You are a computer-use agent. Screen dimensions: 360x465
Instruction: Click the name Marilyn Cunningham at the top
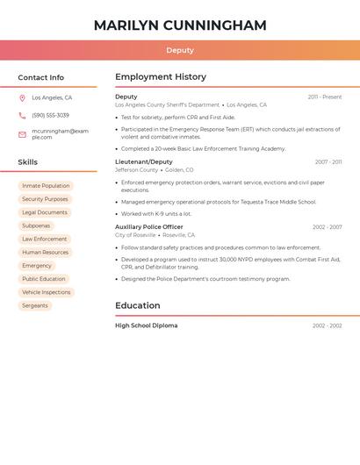180,25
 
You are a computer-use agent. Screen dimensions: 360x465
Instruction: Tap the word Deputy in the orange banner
180,50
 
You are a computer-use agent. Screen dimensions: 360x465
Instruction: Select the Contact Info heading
41,77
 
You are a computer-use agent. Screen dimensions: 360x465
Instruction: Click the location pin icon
22,98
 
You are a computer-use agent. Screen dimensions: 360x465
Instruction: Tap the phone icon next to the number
22,116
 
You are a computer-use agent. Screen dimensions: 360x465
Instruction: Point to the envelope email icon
22,134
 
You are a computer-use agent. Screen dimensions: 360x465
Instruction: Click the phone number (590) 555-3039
50,116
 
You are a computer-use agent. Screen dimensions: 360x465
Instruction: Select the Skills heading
28,162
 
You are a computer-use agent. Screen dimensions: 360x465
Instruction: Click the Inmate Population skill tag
46,186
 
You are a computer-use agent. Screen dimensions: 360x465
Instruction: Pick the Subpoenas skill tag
36,225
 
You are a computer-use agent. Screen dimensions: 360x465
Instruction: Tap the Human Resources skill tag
46,253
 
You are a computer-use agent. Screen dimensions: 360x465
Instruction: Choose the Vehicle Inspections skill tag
46,292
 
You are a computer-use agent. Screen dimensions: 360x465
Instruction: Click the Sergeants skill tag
35,305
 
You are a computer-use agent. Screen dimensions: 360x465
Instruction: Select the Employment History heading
161,77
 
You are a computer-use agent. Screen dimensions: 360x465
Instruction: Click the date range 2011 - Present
324,97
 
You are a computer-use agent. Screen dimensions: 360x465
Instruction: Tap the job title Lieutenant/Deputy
144,162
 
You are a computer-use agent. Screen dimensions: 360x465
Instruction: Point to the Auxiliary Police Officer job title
149,227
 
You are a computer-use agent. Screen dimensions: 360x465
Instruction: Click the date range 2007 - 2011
328,162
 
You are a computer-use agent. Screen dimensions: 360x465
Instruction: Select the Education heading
138,306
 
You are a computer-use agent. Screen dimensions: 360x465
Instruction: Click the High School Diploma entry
147,325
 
